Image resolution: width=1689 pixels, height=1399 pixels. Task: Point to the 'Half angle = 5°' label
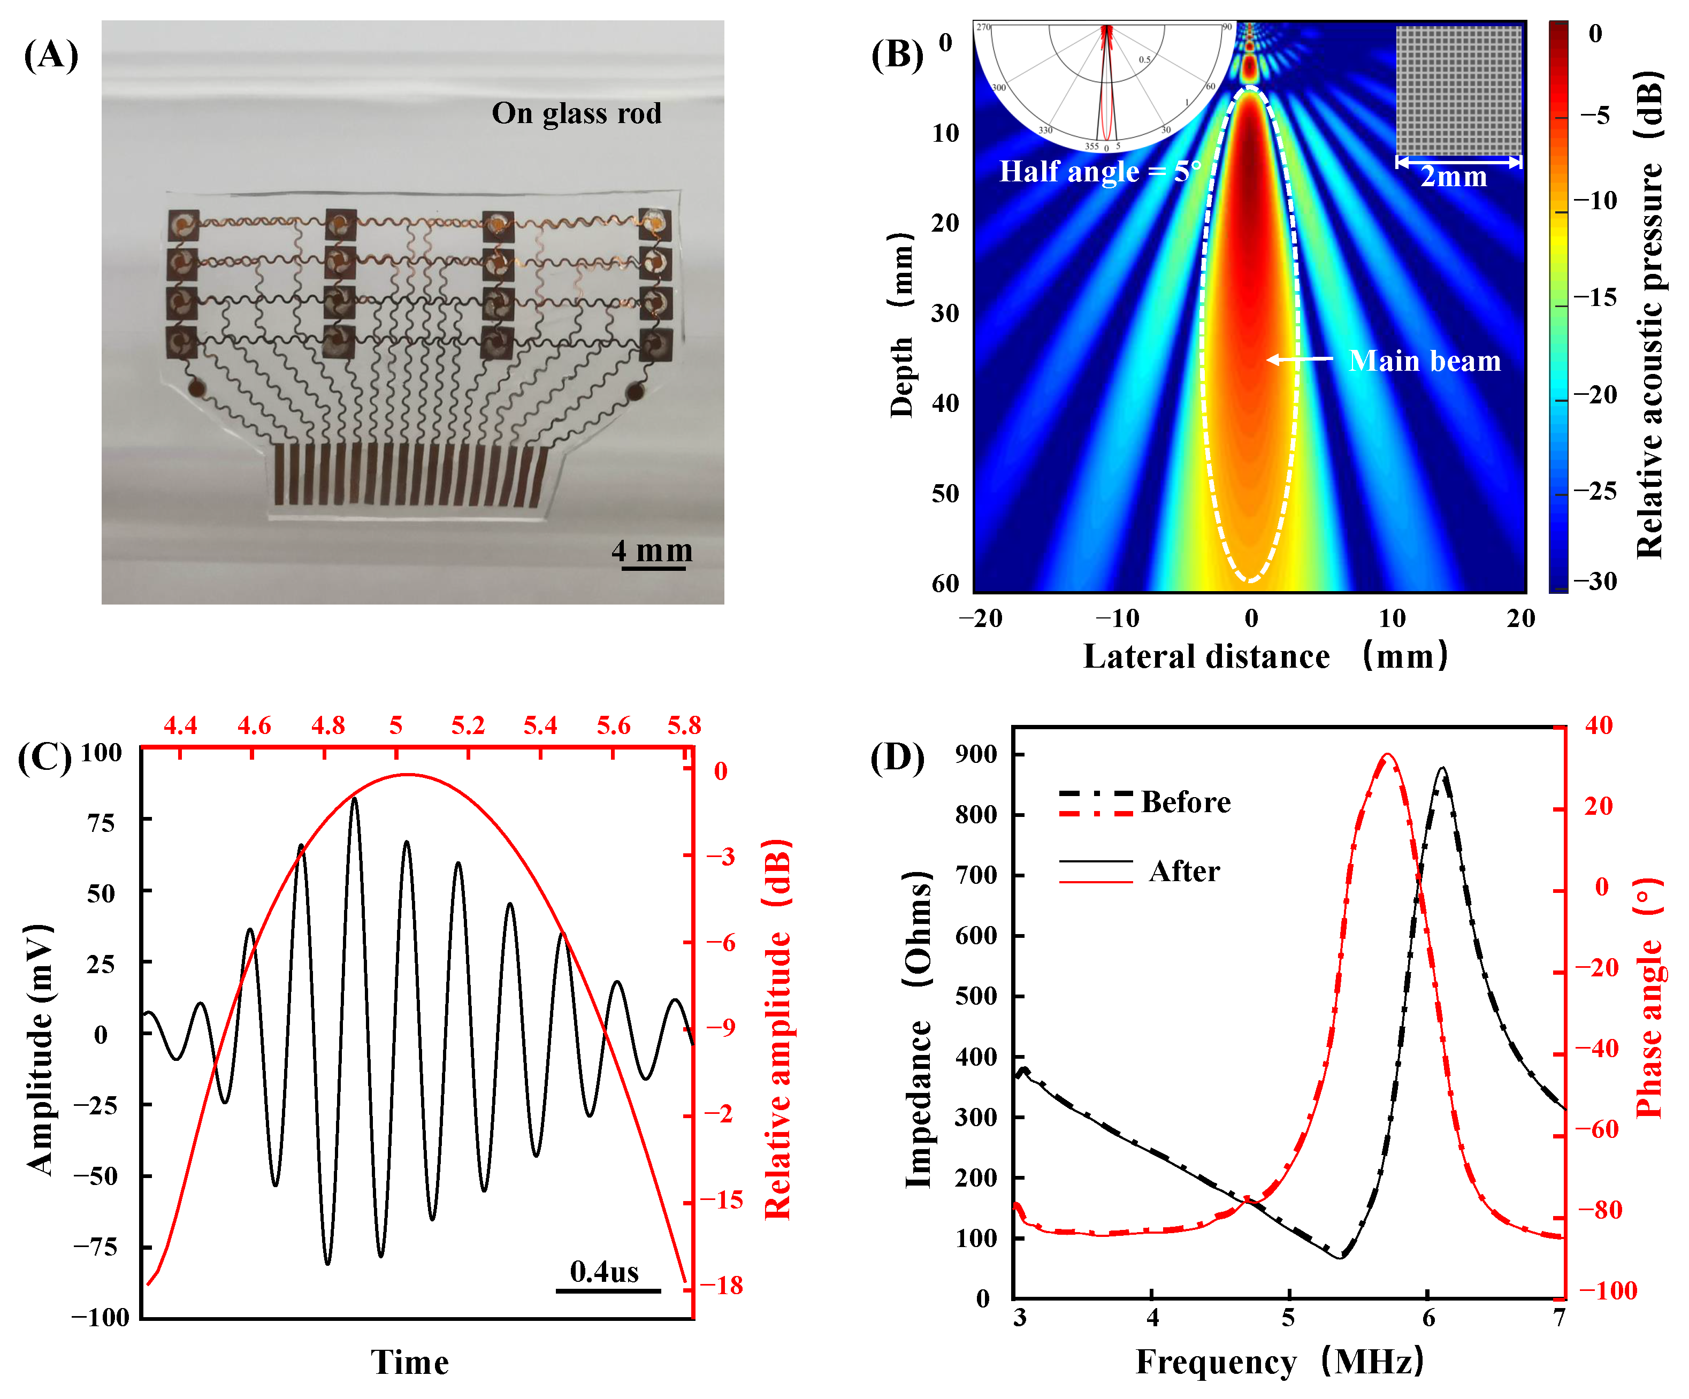[x=1099, y=171]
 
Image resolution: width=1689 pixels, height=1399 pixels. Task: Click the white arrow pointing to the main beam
[x=1299, y=359]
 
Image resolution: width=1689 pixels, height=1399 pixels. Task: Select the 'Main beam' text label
[x=1424, y=361]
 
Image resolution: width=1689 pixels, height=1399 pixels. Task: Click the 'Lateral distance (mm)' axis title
[x=1264, y=656]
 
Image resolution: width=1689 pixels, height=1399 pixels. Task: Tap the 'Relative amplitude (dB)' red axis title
[x=777, y=1030]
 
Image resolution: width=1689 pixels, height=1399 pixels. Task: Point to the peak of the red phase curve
[x=1387, y=755]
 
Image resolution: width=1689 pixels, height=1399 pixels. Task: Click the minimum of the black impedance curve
[x=1340, y=1257]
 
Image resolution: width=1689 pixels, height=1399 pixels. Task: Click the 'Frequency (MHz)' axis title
[x=1279, y=1362]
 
